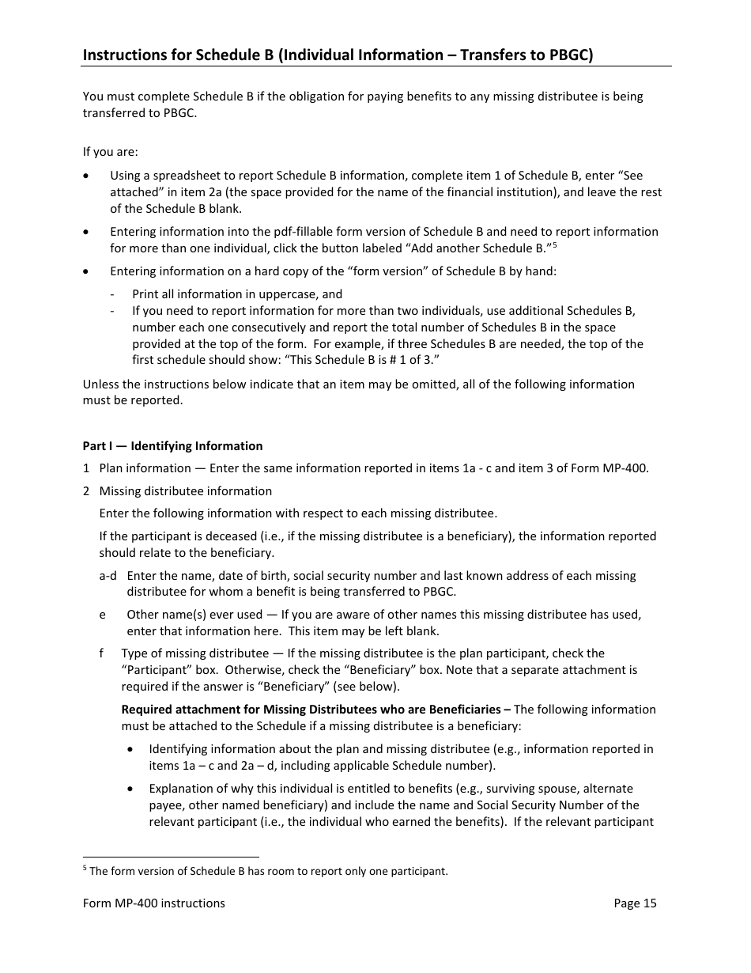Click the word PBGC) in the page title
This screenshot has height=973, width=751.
568,55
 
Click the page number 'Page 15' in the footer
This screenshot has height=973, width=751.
635,903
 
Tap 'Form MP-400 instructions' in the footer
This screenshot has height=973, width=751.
153,903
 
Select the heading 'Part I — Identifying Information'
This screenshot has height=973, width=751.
172,446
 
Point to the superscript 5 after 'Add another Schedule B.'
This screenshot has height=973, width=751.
556,244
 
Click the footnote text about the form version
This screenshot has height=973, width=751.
268,872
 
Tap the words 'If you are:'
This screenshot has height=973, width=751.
110,152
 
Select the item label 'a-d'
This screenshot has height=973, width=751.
108,576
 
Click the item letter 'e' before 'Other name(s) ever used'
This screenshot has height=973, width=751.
102,615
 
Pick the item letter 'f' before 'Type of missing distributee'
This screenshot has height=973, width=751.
101,653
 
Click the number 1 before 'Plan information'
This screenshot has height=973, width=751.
86,468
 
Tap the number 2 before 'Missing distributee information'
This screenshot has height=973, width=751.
86,491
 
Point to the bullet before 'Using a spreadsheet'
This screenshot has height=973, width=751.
86,176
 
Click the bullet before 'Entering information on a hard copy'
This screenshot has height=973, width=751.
86,271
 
